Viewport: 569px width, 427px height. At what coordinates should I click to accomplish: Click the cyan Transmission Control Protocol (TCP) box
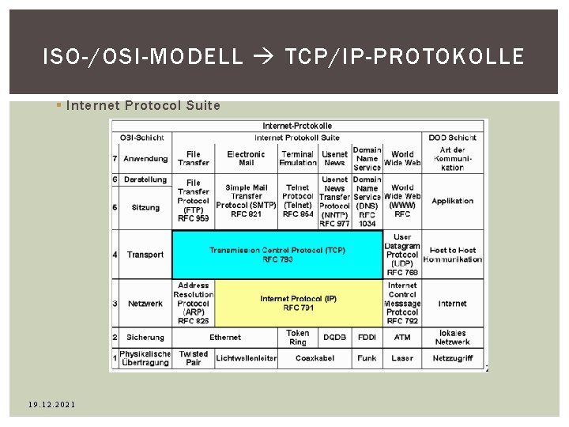click(277, 255)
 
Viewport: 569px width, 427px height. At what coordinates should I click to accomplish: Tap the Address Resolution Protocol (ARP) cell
click(194, 303)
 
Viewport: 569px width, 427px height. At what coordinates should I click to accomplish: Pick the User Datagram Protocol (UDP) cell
click(402, 255)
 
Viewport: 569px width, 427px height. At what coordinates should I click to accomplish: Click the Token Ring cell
click(298, 338)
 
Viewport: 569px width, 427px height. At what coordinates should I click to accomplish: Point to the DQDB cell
click(335, 338)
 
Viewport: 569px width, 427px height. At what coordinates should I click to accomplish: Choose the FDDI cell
click(367, 338)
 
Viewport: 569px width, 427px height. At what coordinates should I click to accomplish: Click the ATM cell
click(402, 338)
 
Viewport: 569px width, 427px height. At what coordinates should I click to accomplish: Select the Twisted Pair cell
click(194, 358)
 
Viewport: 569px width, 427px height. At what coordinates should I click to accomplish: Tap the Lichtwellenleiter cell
click(247, 358)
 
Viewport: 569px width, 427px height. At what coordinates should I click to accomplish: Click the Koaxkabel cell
click(315, 358)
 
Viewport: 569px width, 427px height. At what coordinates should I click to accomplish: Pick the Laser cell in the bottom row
click(402, 358)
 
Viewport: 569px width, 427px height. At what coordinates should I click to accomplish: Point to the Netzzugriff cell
click(453, 358)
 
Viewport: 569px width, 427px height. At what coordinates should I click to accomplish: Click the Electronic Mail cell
click(247, 158)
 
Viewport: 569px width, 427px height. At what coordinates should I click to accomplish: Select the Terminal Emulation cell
click(298, 158)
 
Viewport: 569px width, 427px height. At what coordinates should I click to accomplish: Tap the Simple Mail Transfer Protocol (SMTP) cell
click(247, 201)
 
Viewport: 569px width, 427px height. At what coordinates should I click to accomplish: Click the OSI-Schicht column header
click(141, 138)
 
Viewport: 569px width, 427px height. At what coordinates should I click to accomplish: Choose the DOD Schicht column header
click(453, 138)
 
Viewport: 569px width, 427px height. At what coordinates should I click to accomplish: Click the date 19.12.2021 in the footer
click(51, 405)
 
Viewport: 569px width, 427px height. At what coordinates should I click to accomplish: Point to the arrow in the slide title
click(264, 57)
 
